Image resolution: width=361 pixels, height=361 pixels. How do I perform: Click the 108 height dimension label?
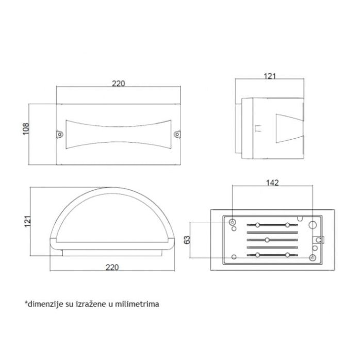26,129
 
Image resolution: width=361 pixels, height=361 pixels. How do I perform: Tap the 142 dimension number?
272,183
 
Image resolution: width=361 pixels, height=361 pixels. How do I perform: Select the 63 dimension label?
187,240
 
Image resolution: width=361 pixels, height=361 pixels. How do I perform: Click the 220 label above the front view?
119,84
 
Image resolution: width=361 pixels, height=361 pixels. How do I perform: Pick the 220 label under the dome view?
112,267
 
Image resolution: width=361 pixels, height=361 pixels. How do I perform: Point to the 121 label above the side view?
270,76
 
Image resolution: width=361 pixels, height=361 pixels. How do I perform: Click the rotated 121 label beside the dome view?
28,221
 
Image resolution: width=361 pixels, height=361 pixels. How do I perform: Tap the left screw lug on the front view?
60,134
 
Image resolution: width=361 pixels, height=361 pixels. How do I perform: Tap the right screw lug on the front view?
177,134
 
